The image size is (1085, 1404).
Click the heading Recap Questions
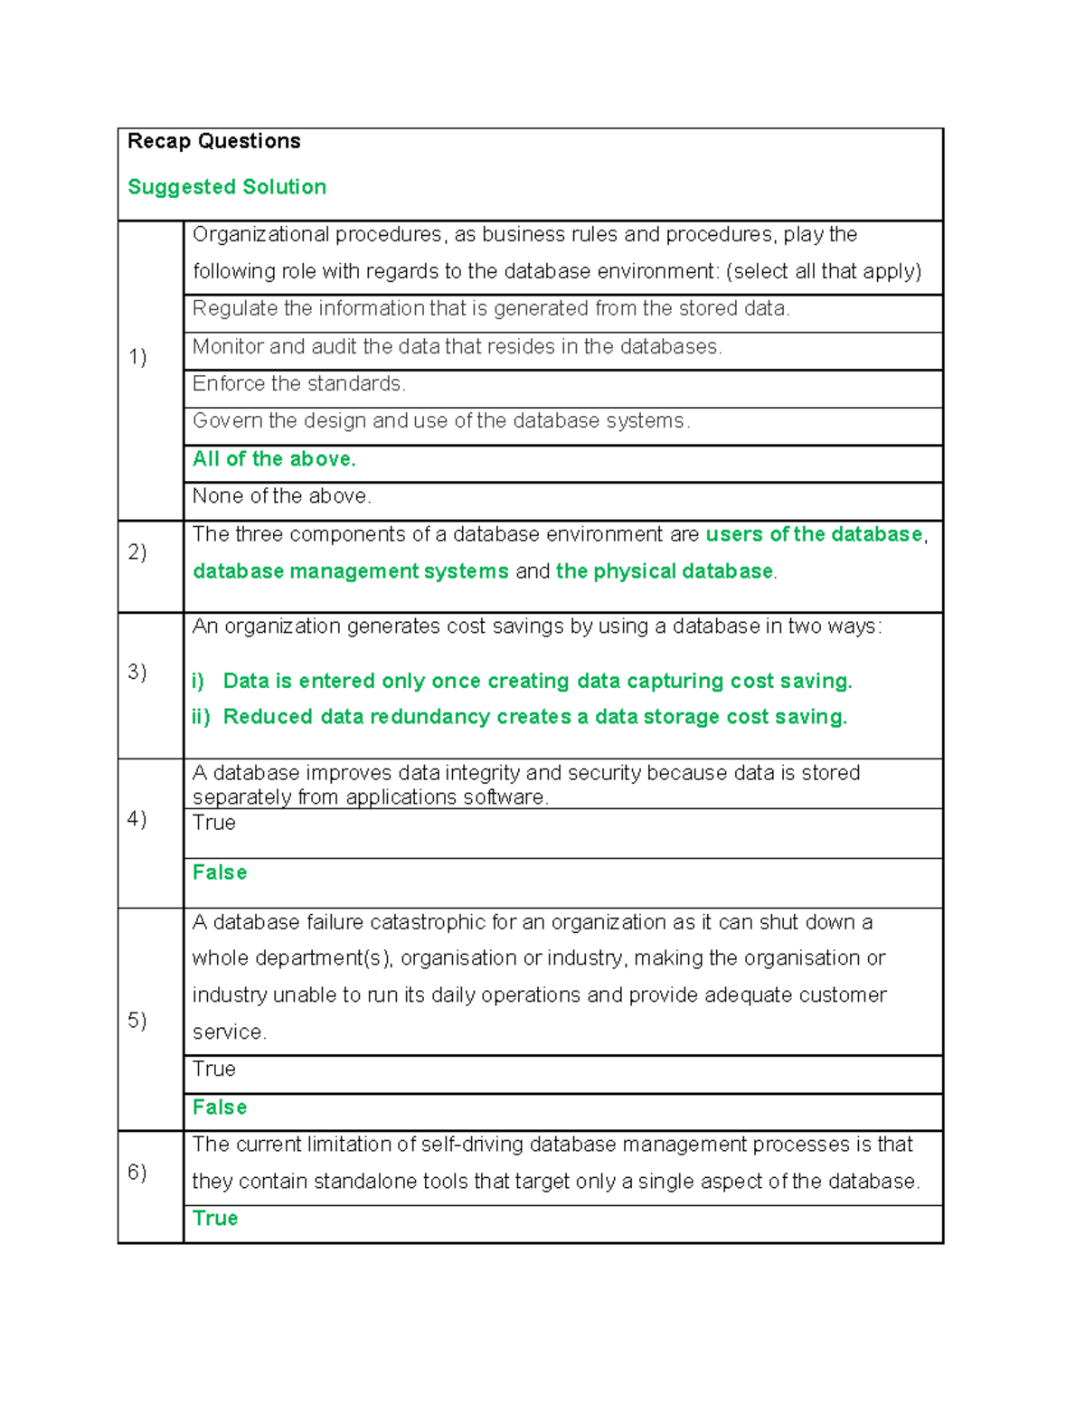pos(214,141)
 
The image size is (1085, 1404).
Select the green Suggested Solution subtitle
pos(227,187)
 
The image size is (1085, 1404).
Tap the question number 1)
pos(137,357)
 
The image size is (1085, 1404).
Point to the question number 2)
pos(137,552)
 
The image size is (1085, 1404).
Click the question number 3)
pos(137,672)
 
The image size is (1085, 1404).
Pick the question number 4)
pos(137,819)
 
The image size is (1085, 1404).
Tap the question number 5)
pos(137,1021)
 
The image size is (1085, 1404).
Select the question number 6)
pos(137,1173)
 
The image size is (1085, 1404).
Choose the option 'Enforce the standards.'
pos(299,384)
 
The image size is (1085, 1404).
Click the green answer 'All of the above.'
pos(274,459)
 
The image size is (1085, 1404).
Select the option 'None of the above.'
pos(282,496)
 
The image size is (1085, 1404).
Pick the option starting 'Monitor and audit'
pos(457,347)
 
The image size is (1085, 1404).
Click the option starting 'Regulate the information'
pos(491,309)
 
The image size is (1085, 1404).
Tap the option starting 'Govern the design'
pos(440,421)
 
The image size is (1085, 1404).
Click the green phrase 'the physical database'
pos(665,571)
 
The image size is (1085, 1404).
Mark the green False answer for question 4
pos(220,872)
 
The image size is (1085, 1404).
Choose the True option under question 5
pos(214,1069)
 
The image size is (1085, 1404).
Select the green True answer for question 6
pos(215,1219)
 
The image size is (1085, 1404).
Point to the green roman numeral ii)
pos(201,717)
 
